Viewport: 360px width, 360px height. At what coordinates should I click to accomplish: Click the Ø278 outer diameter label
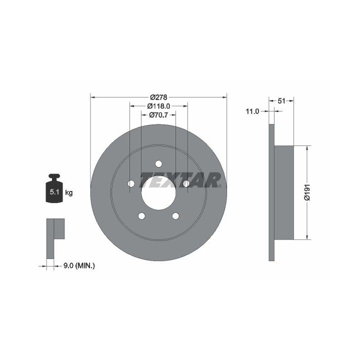158,97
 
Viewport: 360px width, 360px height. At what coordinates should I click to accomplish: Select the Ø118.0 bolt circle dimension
158,106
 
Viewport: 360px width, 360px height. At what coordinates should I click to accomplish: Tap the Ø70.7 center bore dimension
158,115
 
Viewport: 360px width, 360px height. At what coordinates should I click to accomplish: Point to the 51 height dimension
281,101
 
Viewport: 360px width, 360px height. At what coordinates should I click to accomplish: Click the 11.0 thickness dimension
252,111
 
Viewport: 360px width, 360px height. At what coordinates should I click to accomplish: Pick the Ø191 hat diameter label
307,192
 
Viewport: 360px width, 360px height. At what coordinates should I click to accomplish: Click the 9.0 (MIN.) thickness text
79,266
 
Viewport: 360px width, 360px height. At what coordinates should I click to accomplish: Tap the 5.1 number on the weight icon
54,192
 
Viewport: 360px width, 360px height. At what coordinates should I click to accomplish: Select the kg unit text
69,192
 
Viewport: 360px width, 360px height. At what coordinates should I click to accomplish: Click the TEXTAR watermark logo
180,180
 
